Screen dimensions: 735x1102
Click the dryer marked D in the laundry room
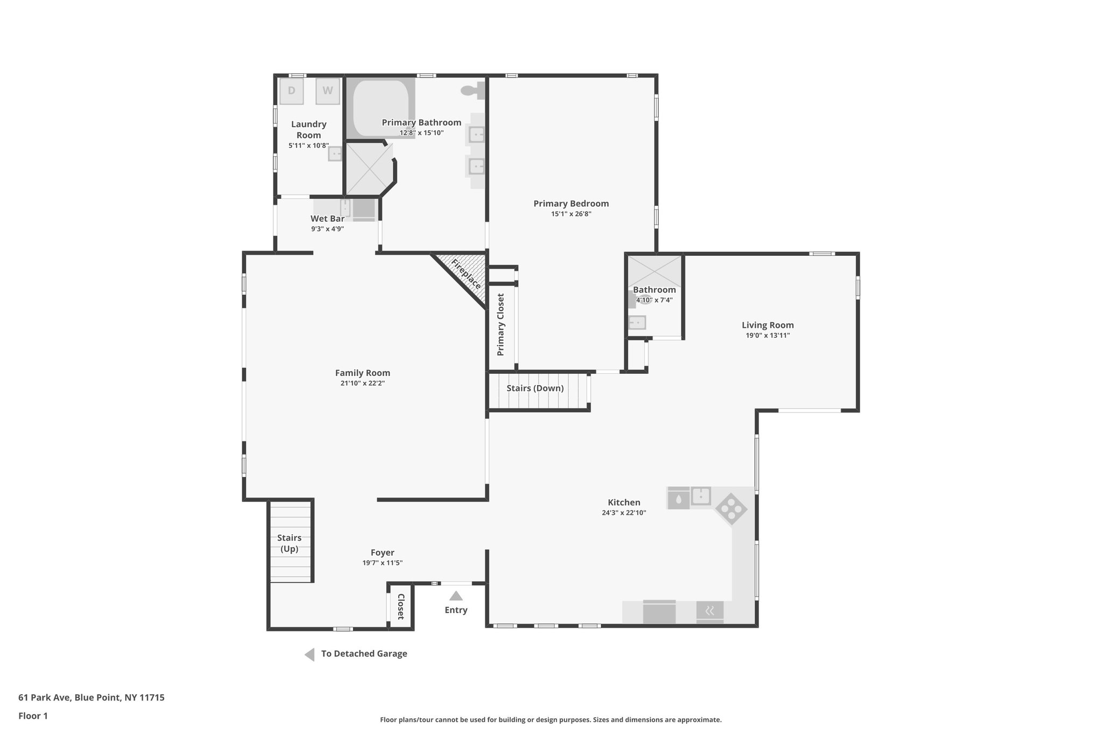[291, 91]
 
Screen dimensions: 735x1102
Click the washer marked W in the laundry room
[327, 91]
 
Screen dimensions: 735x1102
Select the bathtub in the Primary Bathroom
[380, 107]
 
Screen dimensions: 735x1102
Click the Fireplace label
[466, 274]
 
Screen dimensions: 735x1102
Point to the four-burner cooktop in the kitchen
[731, 509]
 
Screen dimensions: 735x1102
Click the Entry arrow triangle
[456, 596]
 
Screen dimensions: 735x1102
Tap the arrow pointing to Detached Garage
[309, 654]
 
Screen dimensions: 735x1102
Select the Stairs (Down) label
[535, 388]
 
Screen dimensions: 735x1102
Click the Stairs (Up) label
[289, 543]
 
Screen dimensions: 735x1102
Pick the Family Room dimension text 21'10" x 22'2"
[363, 383]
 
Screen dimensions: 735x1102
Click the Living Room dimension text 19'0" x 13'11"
[767, 335]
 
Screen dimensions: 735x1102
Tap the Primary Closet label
[501, 325]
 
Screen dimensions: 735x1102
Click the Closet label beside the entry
[401, 607]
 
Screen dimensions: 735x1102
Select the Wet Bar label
[327, 219]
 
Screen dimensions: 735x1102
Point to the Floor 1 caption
[33, 716]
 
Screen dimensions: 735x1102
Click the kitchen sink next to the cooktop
[701, 496]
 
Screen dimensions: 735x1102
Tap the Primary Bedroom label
[571, 204]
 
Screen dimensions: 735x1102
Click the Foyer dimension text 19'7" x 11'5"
[382, 563]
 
